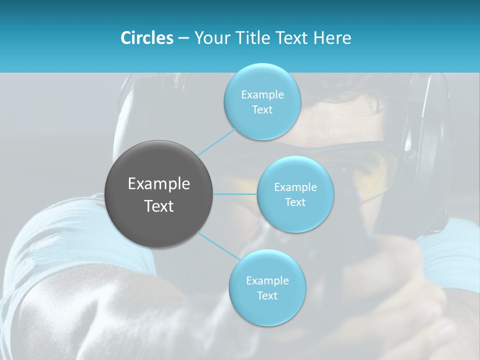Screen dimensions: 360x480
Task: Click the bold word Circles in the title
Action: [146, 38]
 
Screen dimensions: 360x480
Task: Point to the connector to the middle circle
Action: [234, 194]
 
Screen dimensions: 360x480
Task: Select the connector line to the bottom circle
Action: [218, 245]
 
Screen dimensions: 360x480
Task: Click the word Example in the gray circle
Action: [159, 184]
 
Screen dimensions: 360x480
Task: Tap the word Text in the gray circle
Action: [159, 206]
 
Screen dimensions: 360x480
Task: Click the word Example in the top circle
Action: [262, 95]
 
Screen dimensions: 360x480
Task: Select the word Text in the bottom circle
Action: [267, 296]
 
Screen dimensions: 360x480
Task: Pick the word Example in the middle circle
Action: [295, 187]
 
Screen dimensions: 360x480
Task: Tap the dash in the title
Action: [183, 38]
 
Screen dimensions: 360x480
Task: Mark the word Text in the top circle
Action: [262, 110]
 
